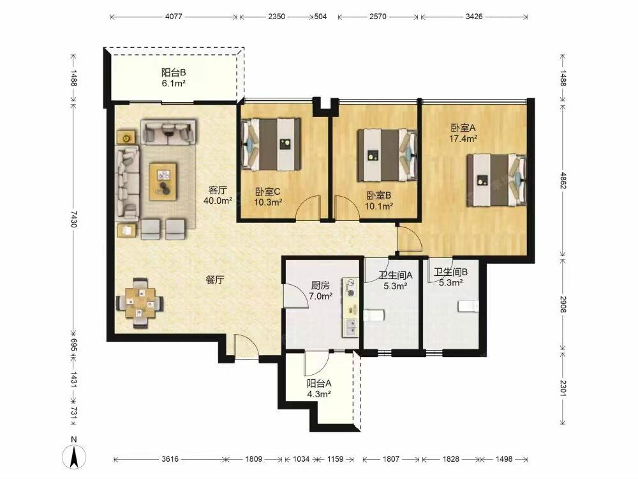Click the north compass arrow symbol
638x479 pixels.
pos(74,456)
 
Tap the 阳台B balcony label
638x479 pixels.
pos(174,73)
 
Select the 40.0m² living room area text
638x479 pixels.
pos(218,201)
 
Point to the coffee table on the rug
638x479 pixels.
pos(163,181)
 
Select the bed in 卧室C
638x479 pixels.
pos(271,144)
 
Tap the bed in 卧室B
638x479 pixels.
pos(387,155)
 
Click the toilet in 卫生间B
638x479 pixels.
pos(468,306)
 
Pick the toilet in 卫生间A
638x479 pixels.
pos(373,315)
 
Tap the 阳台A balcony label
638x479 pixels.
pos(319,383)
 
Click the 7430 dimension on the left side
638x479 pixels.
pos(73,219)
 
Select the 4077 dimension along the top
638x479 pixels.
pos(174,17)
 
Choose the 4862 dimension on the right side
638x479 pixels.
pos(563,181)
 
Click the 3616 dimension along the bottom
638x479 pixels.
pos(170,459)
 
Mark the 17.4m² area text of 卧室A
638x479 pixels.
pos(463,139)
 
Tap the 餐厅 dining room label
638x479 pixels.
pos(214,280)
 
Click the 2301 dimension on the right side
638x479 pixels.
pos(563,388)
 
